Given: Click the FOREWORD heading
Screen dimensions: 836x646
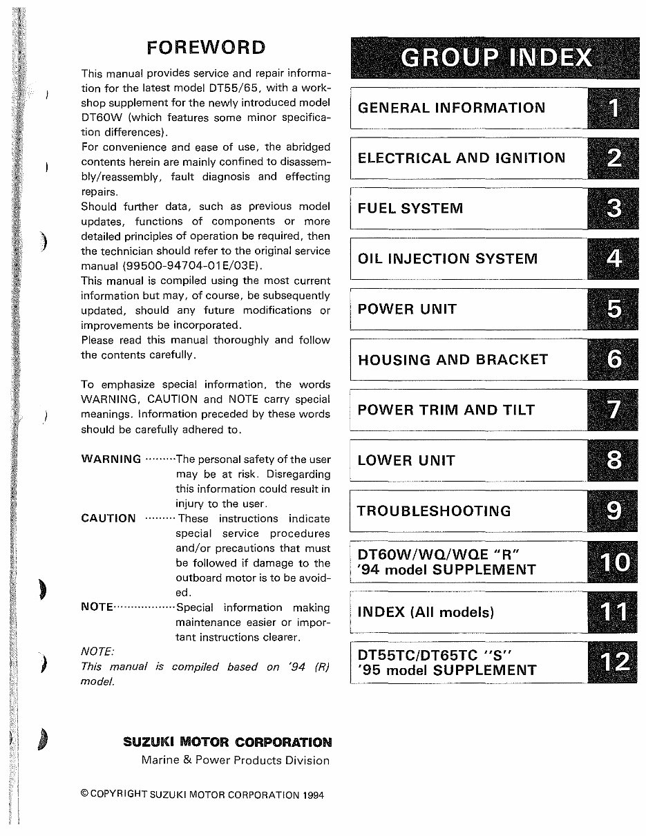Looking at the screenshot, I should coord(206,47).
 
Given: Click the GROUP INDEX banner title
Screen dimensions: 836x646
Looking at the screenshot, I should coord(496,58).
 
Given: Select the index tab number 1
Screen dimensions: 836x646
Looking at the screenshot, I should coord(614,108).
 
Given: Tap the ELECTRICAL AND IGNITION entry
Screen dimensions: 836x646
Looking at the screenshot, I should coord(461,158).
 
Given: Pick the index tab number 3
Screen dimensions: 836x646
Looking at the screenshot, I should coord(614,209).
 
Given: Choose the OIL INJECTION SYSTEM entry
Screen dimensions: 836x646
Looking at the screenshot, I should coord(447,259).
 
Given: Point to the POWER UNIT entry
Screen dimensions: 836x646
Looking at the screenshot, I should coord(407,309).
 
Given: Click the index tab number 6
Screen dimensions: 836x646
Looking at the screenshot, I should coord(614,360).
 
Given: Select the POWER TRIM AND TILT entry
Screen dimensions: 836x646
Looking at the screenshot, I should coord(446,410).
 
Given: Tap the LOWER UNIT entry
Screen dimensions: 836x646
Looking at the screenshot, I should coord(406,461).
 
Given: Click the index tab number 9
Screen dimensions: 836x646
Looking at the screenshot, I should coord(614,511).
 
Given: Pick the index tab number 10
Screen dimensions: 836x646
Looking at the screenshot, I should coord(614,562).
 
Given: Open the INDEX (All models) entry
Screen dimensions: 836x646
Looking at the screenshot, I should coord(426,612).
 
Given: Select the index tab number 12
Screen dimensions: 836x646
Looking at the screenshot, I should coord(614,663).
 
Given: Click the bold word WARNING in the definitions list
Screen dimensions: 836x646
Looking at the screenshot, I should coord(111,459).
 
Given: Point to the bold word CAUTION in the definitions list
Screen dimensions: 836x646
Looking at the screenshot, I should coord(108,519).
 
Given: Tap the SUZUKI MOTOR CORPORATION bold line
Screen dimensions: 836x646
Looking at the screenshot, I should coord(227,743).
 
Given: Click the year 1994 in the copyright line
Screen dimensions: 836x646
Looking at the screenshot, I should coord(313,795).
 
